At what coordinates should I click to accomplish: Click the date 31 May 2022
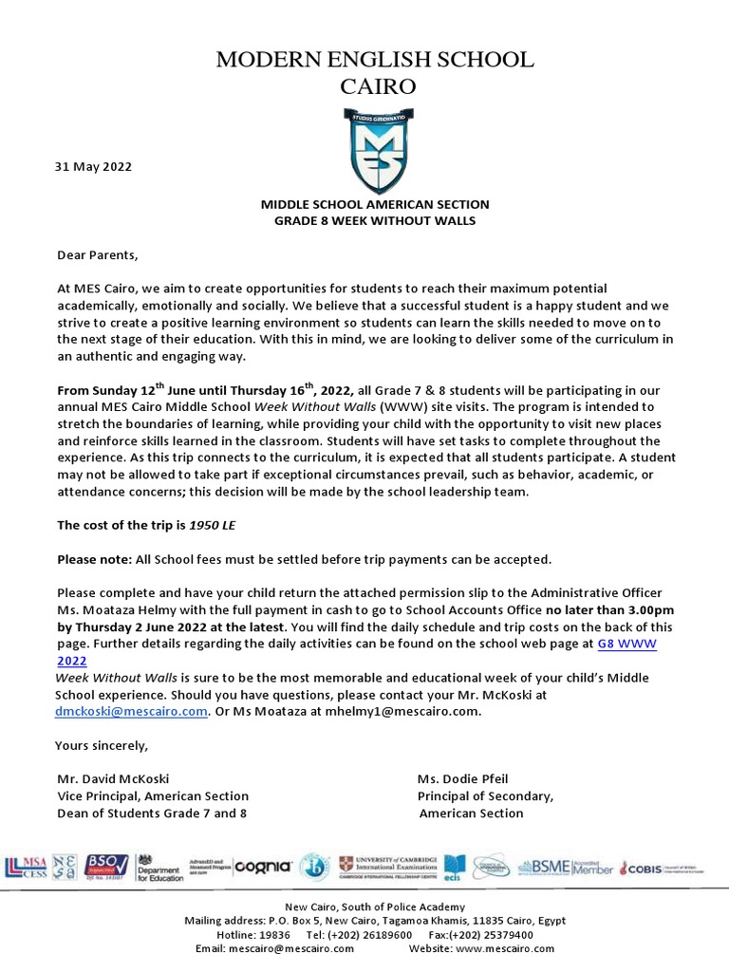tap(93, 167)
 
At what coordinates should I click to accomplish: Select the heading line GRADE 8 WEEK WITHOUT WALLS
tap(375, 221)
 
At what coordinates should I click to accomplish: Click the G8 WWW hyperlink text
tap(626, 644)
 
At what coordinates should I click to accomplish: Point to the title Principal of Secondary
tap(485, 795)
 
